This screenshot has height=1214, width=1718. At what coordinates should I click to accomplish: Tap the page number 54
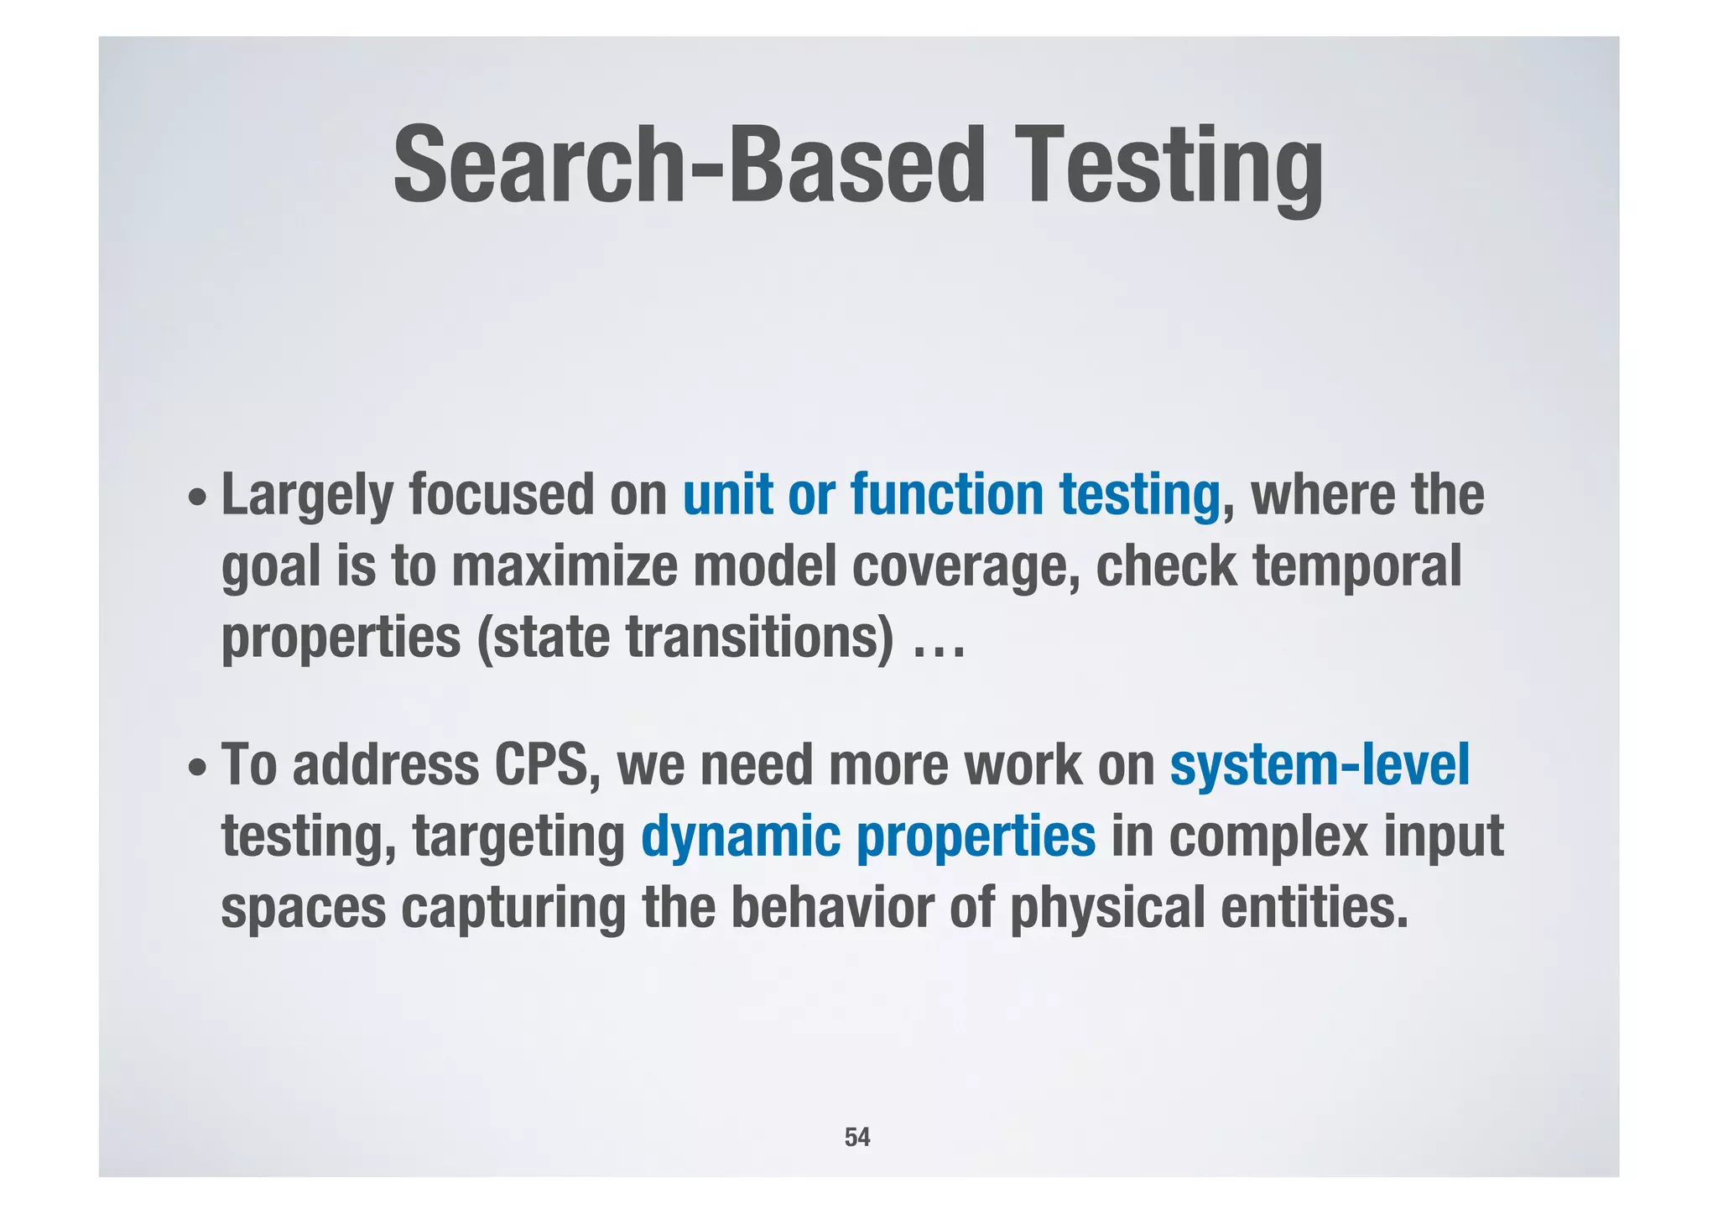pos(856,1137)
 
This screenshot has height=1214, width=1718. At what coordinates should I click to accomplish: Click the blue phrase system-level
pos(1320,764)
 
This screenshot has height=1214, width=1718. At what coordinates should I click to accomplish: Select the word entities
pos(1314,908)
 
